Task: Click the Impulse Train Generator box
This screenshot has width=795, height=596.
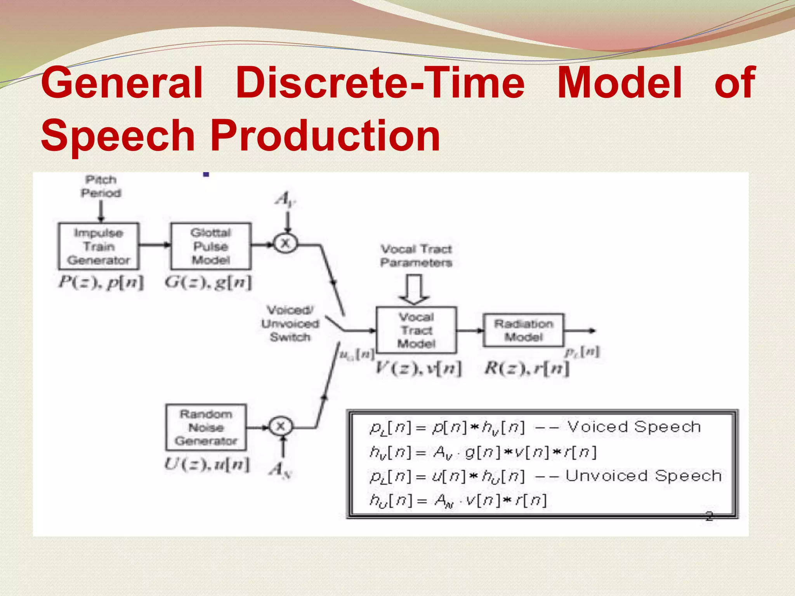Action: click(99, 246)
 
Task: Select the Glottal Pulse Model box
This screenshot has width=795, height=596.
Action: click(211, 246)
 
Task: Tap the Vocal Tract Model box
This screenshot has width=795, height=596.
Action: click(416, 330)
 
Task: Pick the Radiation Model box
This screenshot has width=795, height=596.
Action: click(523, 330)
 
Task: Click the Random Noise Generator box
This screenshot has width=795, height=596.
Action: click(206, 427)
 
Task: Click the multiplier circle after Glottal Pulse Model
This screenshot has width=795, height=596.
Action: click(285, 244)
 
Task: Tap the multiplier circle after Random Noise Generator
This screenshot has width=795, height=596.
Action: click(280, 426)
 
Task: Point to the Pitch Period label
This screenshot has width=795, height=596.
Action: click(101, 186)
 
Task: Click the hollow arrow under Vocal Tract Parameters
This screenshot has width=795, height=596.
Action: click(414, 289)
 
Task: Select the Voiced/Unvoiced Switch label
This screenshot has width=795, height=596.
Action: click(290, 324)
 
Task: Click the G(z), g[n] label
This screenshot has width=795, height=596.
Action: click(208, 282)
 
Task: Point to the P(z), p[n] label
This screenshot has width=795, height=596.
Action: click(101, 282)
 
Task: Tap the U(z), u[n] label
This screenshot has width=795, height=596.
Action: click(207, 464)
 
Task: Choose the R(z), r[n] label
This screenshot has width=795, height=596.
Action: click(527, 368)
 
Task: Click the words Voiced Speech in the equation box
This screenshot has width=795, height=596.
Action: click(634, 427)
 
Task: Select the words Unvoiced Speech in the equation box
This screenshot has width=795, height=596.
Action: click(643, 476)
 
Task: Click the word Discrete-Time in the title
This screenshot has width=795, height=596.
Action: click(380, 82)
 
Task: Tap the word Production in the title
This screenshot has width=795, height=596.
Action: click(325, 135)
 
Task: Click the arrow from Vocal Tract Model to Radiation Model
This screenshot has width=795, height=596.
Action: click(470, 331)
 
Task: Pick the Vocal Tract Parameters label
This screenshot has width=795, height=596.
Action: click(416, 256)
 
